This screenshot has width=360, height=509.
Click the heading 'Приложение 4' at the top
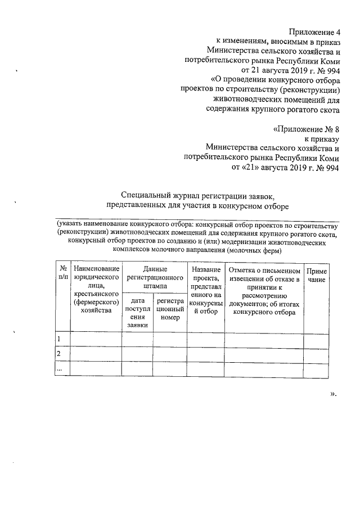(313, 31)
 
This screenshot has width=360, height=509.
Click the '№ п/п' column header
(62, 273)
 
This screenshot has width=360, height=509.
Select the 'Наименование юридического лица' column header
(96, 290)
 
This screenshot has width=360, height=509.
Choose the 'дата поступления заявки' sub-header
(137, 313)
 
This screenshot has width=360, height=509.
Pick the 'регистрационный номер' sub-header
(169, 309)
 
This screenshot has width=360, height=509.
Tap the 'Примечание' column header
(317, 275)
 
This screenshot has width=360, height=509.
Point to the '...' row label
(59, 368)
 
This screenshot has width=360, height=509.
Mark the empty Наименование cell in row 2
(96, 354)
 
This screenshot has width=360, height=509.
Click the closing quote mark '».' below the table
(332, 393)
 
